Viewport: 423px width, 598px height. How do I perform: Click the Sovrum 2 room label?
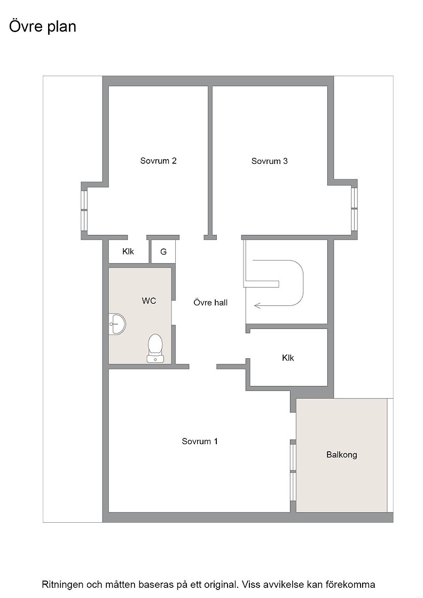click(x=158, y=161)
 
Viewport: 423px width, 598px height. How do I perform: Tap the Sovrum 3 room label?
click(x=269, y=161)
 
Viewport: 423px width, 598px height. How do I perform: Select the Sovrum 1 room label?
click(x=200, y=441)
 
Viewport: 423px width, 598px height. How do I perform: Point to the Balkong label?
click(x=342, y=454)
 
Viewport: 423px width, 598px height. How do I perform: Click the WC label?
click(x=149, y=301)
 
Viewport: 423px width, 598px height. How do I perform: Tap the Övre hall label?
click(x=210, y=302)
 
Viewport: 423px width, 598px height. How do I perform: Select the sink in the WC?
click(x=117, y=324)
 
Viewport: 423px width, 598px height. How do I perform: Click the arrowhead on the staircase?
click(x=257, y=305)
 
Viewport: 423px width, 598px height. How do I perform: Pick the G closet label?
click(x=163, y=251)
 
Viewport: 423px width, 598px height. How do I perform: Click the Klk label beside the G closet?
click(x=128, y=251)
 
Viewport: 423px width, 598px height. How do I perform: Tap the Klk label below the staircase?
click(x=288, y=358)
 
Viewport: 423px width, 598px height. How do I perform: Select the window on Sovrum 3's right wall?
click(x=355, y=208)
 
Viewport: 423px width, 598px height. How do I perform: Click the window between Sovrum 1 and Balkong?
click(x=293, y=473)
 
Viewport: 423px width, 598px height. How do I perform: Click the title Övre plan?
click(x=43, y=27)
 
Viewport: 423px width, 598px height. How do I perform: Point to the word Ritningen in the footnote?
click(x=62, y=585)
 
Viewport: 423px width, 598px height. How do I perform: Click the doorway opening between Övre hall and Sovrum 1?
click(x=203, y=366)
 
